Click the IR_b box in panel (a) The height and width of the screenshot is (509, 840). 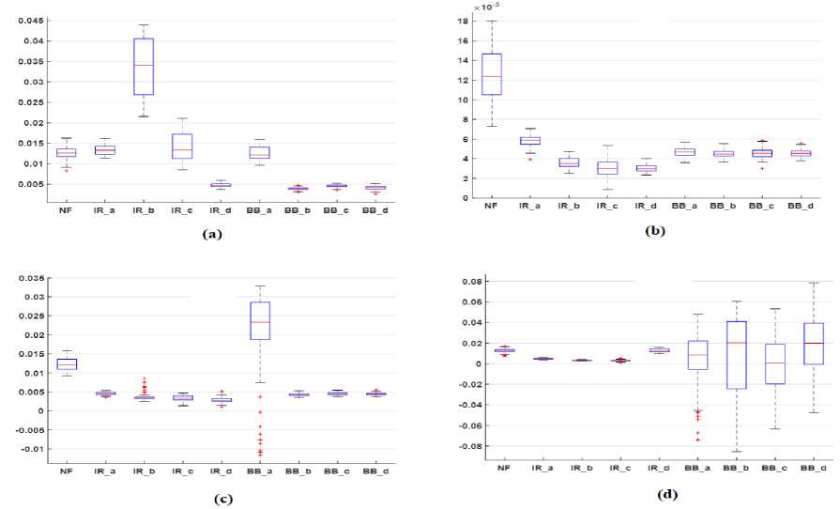pos(144,66)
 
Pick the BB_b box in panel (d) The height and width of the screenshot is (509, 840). pos(737,355)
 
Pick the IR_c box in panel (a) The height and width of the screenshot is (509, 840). pos(182,146)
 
